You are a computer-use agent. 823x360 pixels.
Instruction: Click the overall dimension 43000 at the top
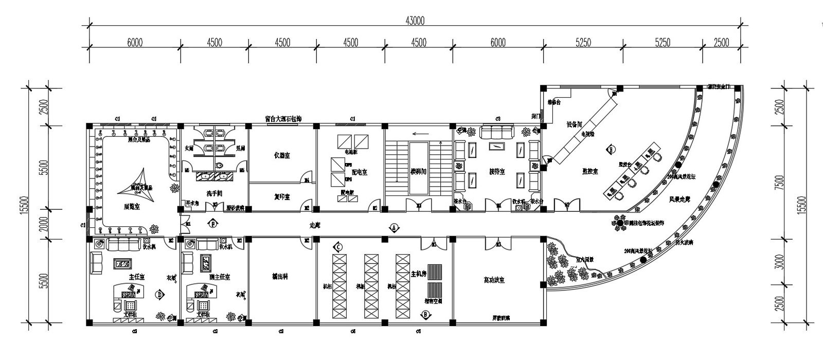(415, 21)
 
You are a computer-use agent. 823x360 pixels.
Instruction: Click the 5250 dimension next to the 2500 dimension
(663, 43)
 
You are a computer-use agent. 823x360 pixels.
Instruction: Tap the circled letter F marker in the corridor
(212, 224)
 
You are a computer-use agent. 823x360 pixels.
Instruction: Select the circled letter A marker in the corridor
(394, 227)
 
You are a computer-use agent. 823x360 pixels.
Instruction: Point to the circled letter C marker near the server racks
(338, 247)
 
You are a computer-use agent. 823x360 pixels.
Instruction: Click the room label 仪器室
(282, 155)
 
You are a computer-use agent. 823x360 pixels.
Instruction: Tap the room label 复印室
(281, 196)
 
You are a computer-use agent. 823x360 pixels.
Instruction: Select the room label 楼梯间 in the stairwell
(418, 171)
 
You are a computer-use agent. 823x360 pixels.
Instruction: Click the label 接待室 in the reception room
(496, 172)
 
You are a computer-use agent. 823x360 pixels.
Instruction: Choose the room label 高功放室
(494, 280)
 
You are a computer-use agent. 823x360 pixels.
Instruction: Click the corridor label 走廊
(314, 225)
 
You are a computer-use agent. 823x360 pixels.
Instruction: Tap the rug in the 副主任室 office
(206, 263)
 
